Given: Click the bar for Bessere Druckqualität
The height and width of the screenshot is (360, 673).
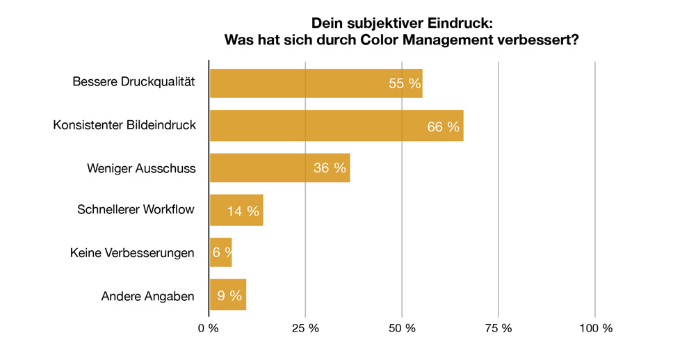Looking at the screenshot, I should click(x=316, y=83).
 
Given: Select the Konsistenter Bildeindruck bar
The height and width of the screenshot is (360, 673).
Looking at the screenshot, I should click(x=336, y=126).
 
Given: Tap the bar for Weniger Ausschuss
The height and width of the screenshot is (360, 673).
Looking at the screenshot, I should click(x=279, y=168).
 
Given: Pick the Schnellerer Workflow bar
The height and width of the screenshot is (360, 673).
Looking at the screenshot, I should click(x=236, y=211).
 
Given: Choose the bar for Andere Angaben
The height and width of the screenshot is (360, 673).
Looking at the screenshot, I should click(x=228, y=295).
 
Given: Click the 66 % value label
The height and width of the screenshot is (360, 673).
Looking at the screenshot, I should click(x=444, y=126).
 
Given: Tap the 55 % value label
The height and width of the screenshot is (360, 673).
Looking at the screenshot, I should click(x=405, y=84).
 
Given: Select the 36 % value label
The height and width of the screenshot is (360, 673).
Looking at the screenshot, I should click(x=330, y=169).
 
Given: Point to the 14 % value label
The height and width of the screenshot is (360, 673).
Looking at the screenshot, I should click(x=243, y=211).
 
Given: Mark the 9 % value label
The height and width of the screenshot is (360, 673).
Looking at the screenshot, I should click(x=229, y=296).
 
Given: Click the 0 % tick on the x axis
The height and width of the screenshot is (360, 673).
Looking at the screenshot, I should click(x=209, y=328).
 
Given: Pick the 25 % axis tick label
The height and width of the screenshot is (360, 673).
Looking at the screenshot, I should click(x=305, y=328).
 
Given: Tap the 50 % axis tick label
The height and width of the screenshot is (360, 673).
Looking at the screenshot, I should click(x=402, y=328).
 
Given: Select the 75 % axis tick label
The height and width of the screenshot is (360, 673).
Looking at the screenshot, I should click(x=498, y=328).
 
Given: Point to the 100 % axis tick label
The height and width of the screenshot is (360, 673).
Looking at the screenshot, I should click(x=594, y=328).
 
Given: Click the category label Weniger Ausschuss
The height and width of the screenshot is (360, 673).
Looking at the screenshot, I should click(x=141, y=168).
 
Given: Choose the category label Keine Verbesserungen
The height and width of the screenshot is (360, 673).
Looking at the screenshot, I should click(x=132, y=253).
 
